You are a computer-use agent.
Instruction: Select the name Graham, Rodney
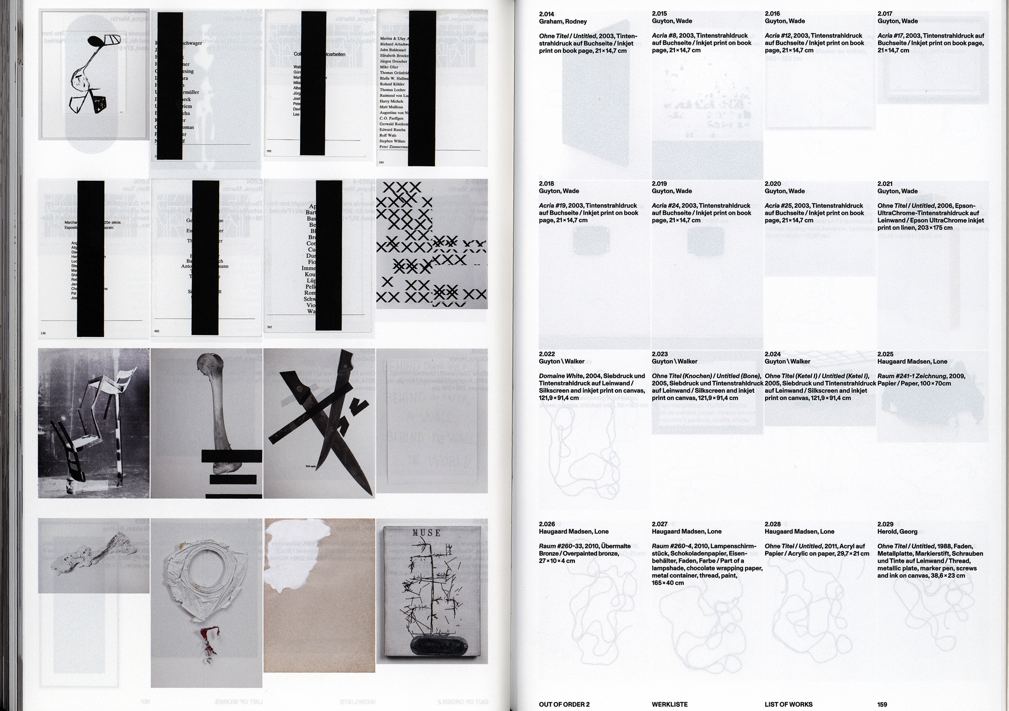pyautogui.click(x=563, y=21)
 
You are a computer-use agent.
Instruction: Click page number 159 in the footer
pyautogui.click(x=882, y=705)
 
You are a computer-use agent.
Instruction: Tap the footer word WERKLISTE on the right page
pyautogui.click(x=669, y=705)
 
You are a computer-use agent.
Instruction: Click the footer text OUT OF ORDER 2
pyautogui.click(x=564, y=705)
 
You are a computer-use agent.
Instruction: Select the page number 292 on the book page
pyautogui.click(x=269, y=151)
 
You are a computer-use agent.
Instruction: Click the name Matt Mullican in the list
pyautogui.click(x=391, y=107)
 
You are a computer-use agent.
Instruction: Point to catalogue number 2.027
pyautogui.click(x=659, y=524)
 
